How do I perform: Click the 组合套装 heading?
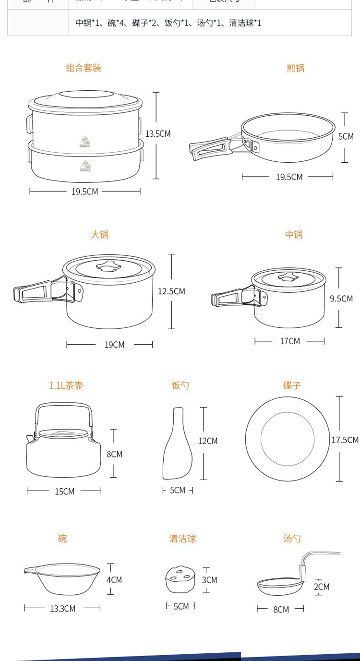[x=84, y=68]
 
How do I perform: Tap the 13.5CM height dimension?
[x=158, y=134]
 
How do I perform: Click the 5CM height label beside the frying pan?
[x=346, y=137]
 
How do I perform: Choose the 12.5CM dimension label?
[x=171, y=291]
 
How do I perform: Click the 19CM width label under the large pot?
[x=114, y=345]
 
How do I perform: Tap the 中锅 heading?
[x=294, y=235]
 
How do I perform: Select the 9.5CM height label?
[x=341, y=299]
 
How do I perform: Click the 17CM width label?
[x=290, y=341]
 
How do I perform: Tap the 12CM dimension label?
[x=208, y=441]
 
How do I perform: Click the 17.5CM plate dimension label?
[x=345, y=440]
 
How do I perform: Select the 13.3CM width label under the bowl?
[x=62, y=609]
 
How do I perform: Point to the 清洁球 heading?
[x=182, y=539]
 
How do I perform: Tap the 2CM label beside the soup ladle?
[x=322, y=587]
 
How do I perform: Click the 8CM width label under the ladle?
[x=281, y=610]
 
